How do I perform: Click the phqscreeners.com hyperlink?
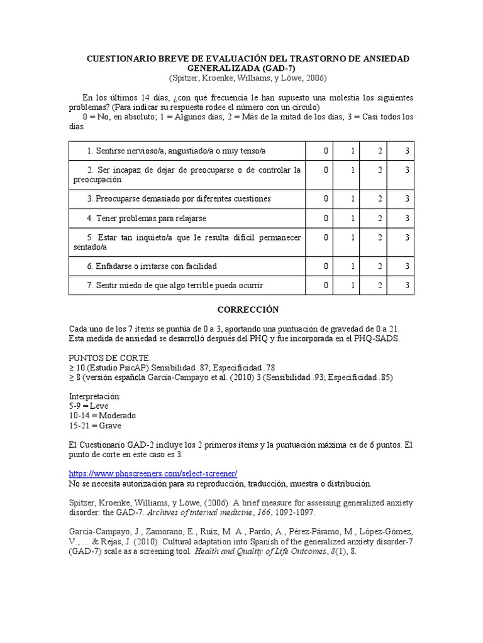153,473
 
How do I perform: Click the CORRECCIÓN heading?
248,310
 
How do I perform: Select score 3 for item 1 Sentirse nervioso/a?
408,151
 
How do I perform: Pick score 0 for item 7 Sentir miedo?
326,285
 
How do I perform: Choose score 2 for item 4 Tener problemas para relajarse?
379,218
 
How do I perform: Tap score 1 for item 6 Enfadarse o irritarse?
353,266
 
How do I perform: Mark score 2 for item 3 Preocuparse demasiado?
379,198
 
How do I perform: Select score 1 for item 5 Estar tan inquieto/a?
353,237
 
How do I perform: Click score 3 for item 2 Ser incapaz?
408,170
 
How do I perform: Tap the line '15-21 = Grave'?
95,425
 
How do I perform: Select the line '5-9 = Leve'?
89,406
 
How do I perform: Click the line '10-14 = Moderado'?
102,416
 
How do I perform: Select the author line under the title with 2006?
248,78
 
